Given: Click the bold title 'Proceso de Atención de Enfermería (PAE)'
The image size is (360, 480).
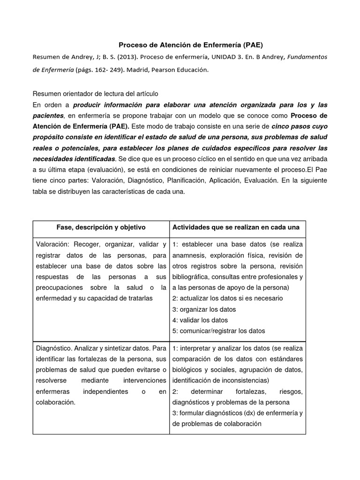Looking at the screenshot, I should [190, 45].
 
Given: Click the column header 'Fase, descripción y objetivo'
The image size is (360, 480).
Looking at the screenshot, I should [101, 227].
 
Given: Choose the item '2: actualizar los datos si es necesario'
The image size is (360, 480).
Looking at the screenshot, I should [227, 298].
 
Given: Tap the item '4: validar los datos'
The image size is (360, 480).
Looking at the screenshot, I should [200, 320].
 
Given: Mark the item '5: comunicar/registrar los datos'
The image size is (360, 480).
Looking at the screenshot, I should [218, 330].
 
